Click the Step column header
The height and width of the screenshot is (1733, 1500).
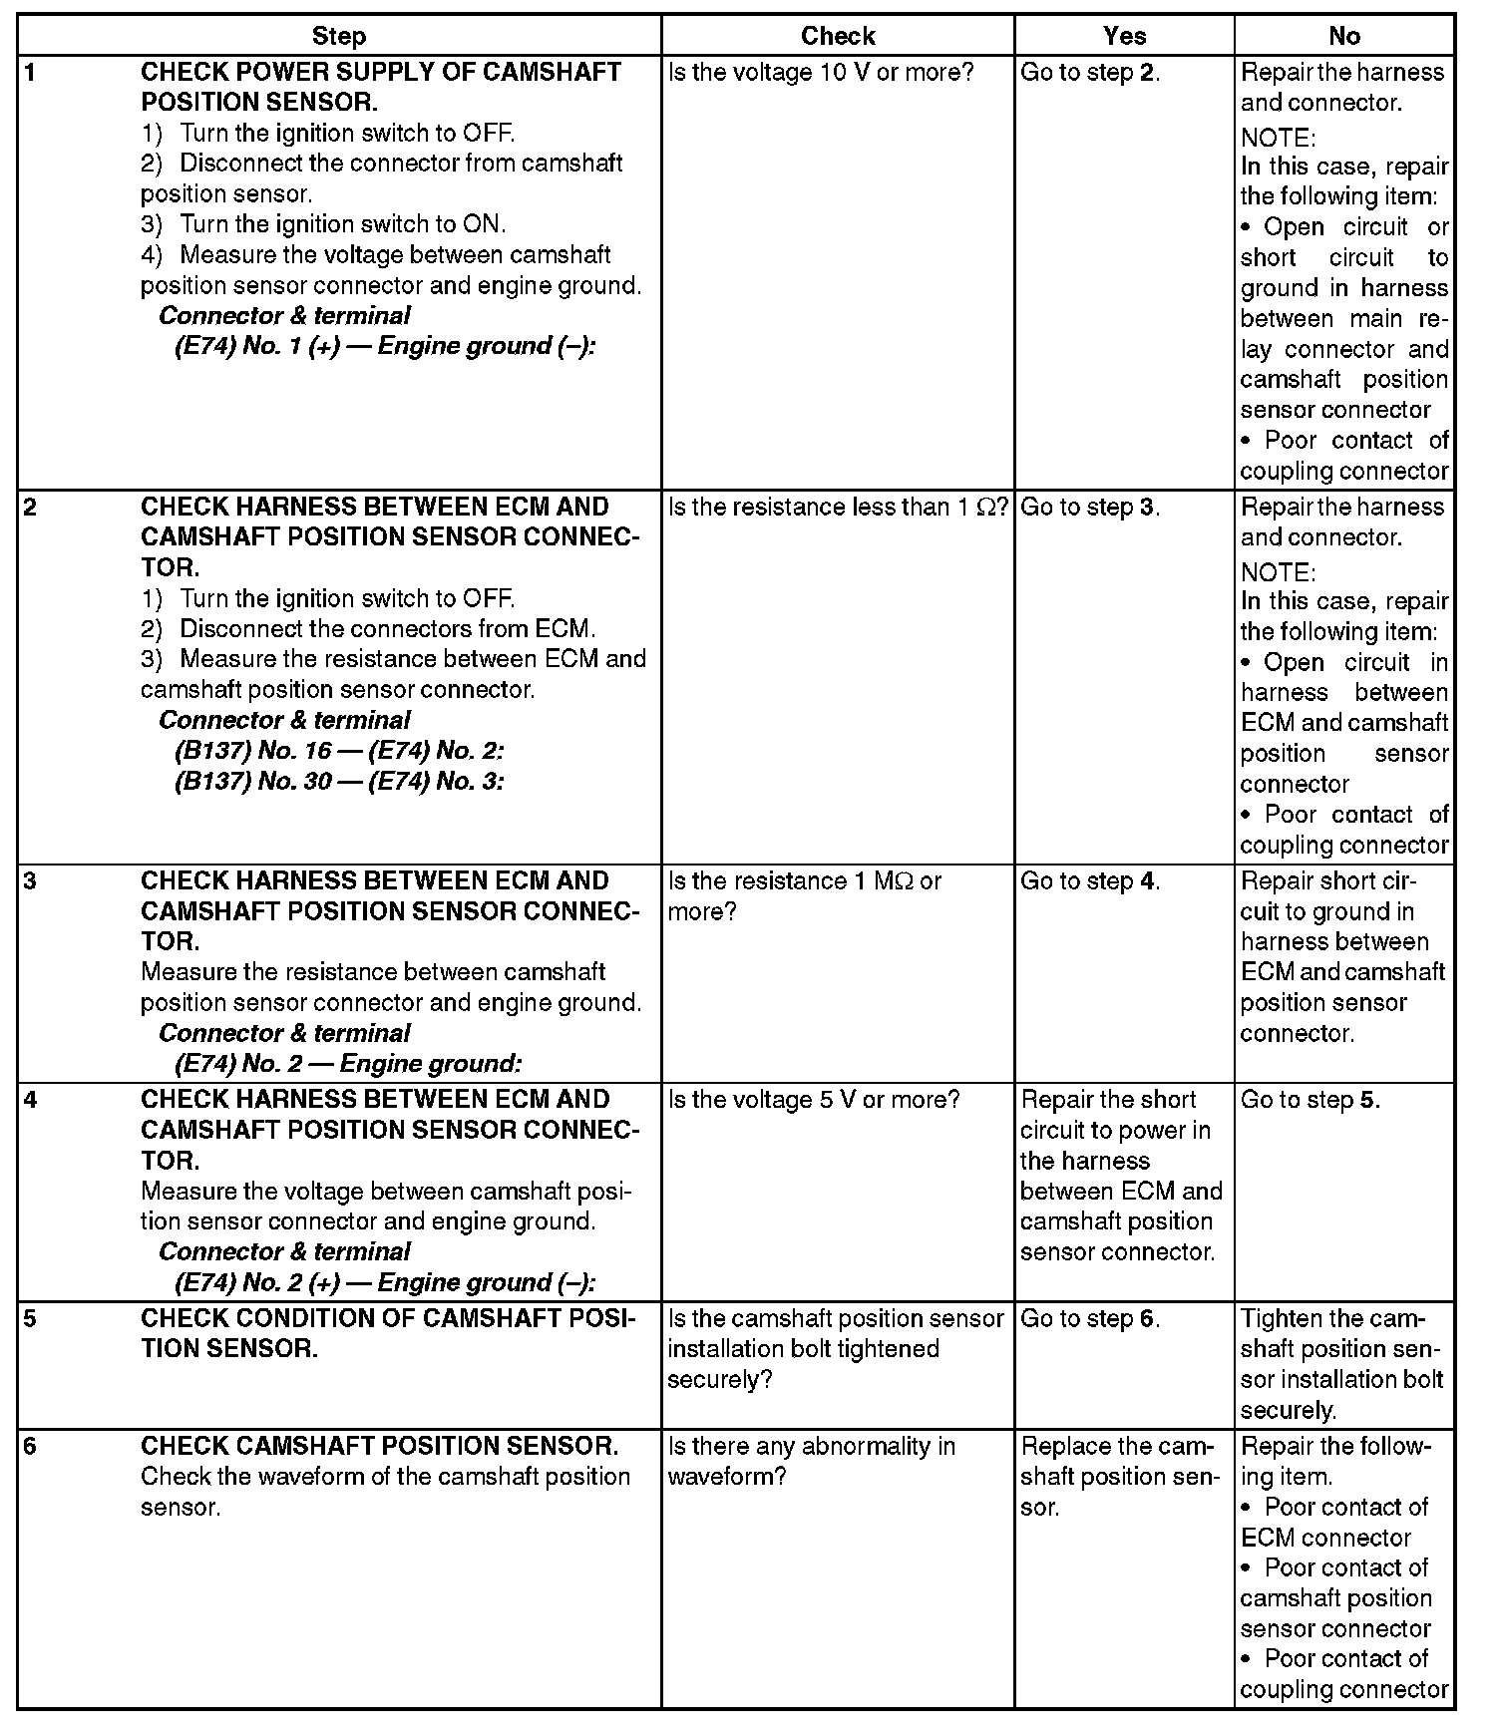pos(339,37)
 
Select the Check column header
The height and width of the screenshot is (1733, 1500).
pos(838,37)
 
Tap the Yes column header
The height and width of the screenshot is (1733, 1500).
pos(1124,37)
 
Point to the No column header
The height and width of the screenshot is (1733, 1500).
pos(1343,37)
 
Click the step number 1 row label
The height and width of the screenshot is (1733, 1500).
pos(30,73)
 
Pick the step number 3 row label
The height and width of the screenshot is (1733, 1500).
pos(30,881)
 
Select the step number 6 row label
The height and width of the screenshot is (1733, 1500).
pos(30,1446)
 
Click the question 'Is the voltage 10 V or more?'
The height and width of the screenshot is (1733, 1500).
pos(820,73)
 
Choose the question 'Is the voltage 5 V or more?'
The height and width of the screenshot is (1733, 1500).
pos(813,1100)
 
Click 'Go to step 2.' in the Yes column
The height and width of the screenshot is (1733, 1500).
pos(1090,73)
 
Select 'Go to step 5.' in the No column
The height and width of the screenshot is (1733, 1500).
pos(1310,1100)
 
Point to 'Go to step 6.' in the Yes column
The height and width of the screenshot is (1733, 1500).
pos(1090,1318)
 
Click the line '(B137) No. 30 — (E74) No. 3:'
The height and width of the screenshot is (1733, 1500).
pos(339,782)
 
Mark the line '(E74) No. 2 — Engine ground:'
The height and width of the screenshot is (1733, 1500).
pos(348,1064)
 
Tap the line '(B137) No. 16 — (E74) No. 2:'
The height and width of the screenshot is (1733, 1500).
pos(339,751)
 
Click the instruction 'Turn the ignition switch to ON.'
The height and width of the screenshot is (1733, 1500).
pos(342,224)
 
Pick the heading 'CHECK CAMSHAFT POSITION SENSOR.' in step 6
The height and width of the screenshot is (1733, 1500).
pos(379,1446)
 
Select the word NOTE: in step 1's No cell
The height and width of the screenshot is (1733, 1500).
pos(1278,137)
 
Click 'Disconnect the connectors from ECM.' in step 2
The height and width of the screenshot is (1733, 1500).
pos(387,629)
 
